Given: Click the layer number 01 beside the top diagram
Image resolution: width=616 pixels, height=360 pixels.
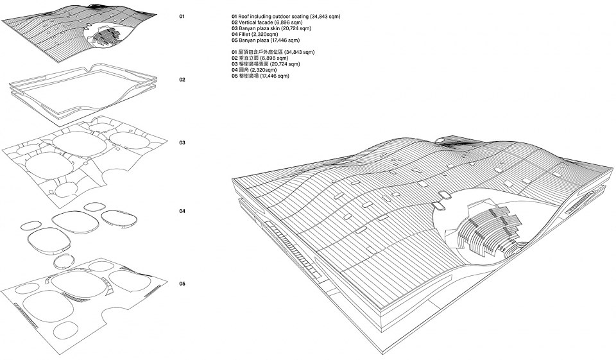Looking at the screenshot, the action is click(x=182, y=17).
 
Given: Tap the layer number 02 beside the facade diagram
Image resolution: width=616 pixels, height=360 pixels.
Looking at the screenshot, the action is click(x=182, y=80).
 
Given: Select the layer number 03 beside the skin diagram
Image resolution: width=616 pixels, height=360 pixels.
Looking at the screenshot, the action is click(x=182, y=142).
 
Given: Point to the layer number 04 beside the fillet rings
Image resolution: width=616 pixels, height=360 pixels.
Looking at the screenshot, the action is click(x=182, y=211).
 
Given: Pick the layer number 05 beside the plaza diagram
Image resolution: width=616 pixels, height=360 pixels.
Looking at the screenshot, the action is click(x=182, y=284).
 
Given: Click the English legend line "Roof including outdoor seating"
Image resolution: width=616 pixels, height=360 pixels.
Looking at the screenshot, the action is click(x=286, y=17).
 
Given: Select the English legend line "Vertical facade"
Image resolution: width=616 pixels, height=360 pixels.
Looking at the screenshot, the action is click(x=267, y=22).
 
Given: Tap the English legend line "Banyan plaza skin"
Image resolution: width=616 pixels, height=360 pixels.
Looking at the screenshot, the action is click(x=271, y=28).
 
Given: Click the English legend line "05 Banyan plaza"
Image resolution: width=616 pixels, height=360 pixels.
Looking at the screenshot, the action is click(x=266, y=40).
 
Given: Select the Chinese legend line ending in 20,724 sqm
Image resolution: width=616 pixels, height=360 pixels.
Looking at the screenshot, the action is click(x=266, y=64).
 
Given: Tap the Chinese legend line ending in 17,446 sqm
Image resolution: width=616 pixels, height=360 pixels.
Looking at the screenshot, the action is click(x=260, y=76).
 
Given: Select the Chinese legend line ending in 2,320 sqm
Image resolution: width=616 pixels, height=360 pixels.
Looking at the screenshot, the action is click(x=254, y=70).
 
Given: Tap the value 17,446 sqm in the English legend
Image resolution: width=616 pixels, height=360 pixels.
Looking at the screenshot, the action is click(x=285, y=40).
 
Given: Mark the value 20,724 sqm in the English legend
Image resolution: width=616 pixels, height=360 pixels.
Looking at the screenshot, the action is click(x=296, y=28).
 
